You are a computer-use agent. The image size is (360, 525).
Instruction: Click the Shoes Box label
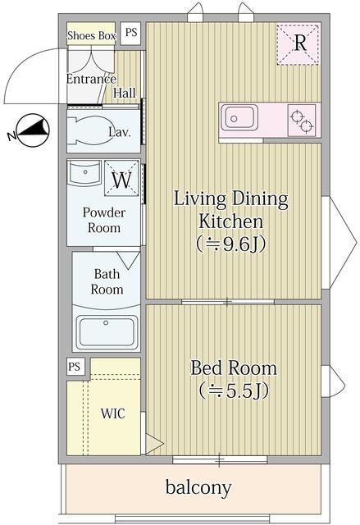[x=91, y=35]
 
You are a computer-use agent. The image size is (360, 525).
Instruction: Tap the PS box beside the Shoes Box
[x=131, y=33]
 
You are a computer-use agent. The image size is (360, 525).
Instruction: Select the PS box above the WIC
[x=75, y=367]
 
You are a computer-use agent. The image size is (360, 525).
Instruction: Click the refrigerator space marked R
[x=298, y=44]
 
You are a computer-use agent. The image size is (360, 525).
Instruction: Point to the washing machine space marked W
[x=122, y=179]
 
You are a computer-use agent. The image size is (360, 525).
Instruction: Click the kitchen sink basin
[x=239, y=118]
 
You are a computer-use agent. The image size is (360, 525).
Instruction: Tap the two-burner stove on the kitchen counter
[x=302, y=121]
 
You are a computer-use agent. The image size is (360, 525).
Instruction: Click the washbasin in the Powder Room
[x=84, y=172]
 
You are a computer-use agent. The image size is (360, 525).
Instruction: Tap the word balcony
[x=198, y=487]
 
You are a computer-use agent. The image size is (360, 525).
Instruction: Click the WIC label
[x=112, y=413]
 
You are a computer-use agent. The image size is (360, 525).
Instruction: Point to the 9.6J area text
[x=231, y=244]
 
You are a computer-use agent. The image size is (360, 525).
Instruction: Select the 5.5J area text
[x=234, y=390]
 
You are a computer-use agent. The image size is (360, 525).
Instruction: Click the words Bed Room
[x=234, y=368]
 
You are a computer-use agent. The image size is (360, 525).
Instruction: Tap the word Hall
[x=125, y=93]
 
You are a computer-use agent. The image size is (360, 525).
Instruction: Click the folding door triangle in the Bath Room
[x=128, y=260]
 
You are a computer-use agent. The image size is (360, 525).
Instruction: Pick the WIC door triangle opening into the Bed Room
[x=154, y=444]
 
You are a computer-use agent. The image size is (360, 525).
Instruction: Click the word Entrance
[x=91, y=79]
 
